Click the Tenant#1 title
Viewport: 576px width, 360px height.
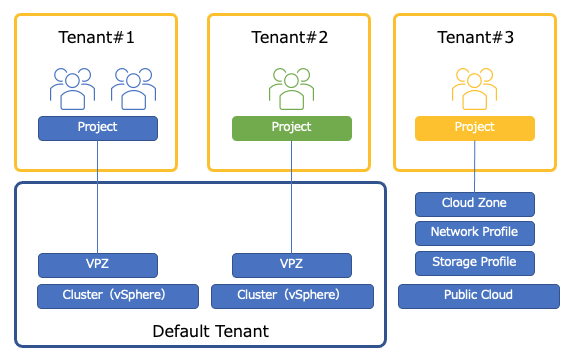click(96, 37)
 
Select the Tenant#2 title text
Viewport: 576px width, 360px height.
click(289, 37)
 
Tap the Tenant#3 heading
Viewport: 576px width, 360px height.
click(475, 37)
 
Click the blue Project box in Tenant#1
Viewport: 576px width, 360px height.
click(98, 128)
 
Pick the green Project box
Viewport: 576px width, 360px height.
click(292, 128)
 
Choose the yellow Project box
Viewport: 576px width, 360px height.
click(475, 128)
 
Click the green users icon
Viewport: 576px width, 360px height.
click(291, 89)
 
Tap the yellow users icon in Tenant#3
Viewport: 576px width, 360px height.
click(474, 89)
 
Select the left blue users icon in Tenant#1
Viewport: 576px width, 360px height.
click(72, 89)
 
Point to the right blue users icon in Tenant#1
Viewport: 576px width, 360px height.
click(133, 89)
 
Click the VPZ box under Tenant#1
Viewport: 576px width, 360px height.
click(98, 265)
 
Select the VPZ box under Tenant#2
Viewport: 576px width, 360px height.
click(292, 265)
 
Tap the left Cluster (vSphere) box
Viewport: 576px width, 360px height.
click(118, 296)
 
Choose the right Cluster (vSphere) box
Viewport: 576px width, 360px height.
click(292, 296)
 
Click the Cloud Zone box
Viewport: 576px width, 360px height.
click(475, 204)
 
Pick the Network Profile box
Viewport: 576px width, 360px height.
click(475, 233)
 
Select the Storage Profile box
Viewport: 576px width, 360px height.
click(475, 263)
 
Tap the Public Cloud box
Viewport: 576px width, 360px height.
click(479, 296)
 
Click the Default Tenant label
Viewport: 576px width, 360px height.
click(210, 331)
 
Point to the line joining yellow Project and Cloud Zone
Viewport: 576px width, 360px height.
click(475, 166)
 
